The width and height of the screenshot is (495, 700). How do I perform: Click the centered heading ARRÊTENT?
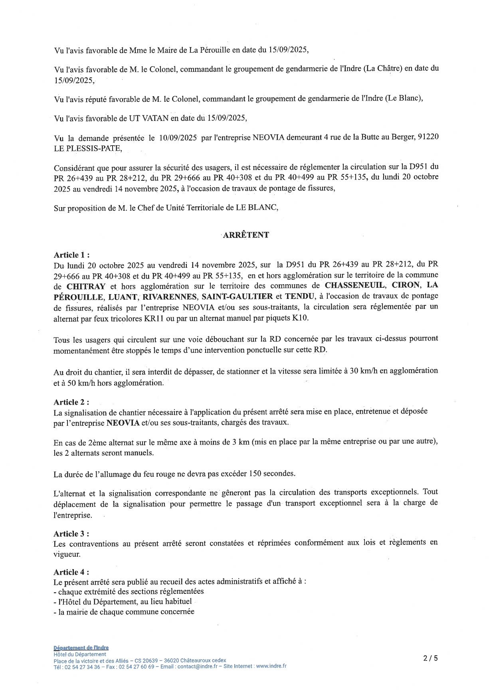click(246, 235)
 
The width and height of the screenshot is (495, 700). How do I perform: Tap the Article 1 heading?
click(71, 255)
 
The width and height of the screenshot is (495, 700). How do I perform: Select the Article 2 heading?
click(71, 402)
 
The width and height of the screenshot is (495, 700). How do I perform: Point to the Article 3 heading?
click(71, 534)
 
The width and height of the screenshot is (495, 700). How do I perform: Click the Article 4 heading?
click(71, 572)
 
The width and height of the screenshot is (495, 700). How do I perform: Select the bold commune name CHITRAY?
click(86, 287)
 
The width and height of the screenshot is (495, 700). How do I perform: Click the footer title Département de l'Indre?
click(81, 648)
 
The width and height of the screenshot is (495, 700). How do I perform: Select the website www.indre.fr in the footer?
click(271, 666)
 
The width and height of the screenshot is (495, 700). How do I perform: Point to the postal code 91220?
click(428, 137)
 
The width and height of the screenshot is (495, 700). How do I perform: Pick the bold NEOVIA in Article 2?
click(123, 423)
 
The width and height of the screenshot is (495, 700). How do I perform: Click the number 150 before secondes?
click(255, 474)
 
